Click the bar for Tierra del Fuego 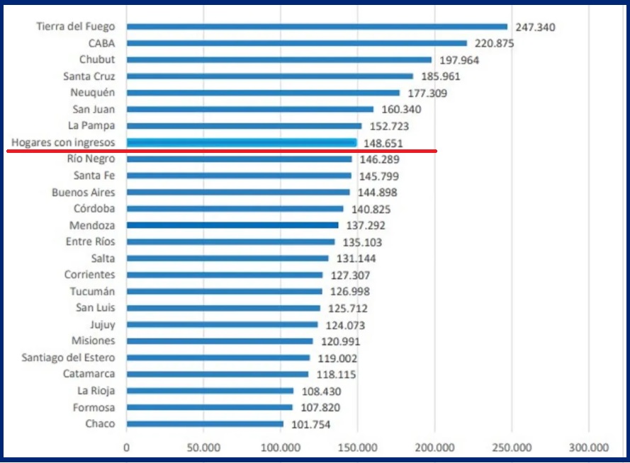[x=317, y=27]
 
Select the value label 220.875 [x=495, y=44]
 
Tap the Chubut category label [x=97, y=60]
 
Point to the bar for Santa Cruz [x=269, y=76]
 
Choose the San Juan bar [x=249, y=110]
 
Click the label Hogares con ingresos [x=63, y=142]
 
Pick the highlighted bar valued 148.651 [x=241, y=142]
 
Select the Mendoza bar [x=232, y=225]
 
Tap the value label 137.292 [x=366, y=225]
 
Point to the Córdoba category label [x=94, y=209]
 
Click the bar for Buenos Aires [x=238, y=193]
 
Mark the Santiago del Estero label [x=68, y=358]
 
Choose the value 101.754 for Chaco [x=310, y=425]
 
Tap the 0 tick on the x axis [x=126, y=447]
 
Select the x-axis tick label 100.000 [x=281, y=447]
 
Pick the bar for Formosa [x=209, y=408]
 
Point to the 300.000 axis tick [x=589, y=447]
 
